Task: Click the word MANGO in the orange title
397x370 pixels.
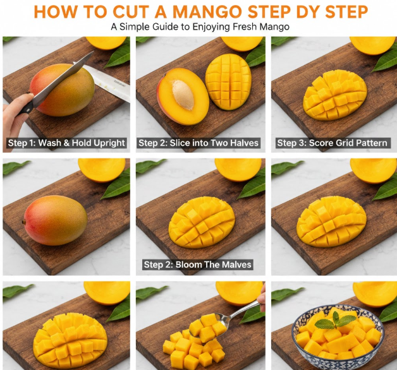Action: point(207,11)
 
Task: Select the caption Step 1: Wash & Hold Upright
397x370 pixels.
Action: point(66,143)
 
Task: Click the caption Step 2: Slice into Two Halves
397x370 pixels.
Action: point(198,143)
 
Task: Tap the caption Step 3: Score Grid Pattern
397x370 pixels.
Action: point(332,143)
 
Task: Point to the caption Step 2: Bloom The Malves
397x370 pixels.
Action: point(197,265)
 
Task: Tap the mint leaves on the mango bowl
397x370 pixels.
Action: point(332,321)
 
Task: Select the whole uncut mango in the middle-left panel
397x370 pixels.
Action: point(56,220)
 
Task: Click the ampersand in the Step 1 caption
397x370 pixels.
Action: point(66,143)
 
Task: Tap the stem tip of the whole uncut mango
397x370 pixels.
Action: point(23,222)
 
